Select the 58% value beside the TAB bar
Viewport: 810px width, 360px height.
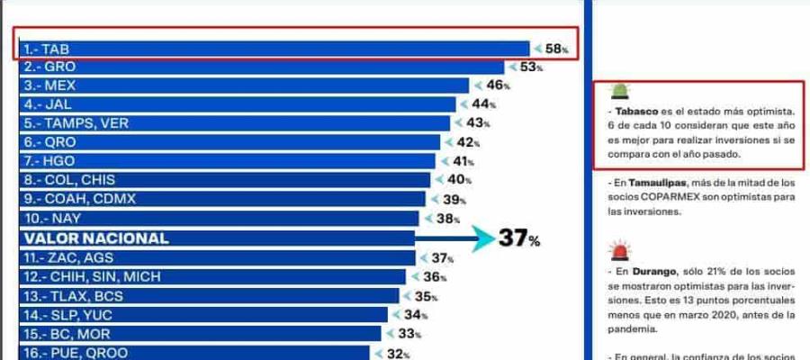pos(556,49)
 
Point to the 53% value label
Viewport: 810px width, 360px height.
pos(531,67)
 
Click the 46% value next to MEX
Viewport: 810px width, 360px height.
pos(497,85)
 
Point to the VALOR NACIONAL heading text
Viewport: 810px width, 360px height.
pos(95,238)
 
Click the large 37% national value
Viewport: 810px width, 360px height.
pos(519,238)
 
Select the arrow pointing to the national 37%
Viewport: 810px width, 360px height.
pos(454,238)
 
